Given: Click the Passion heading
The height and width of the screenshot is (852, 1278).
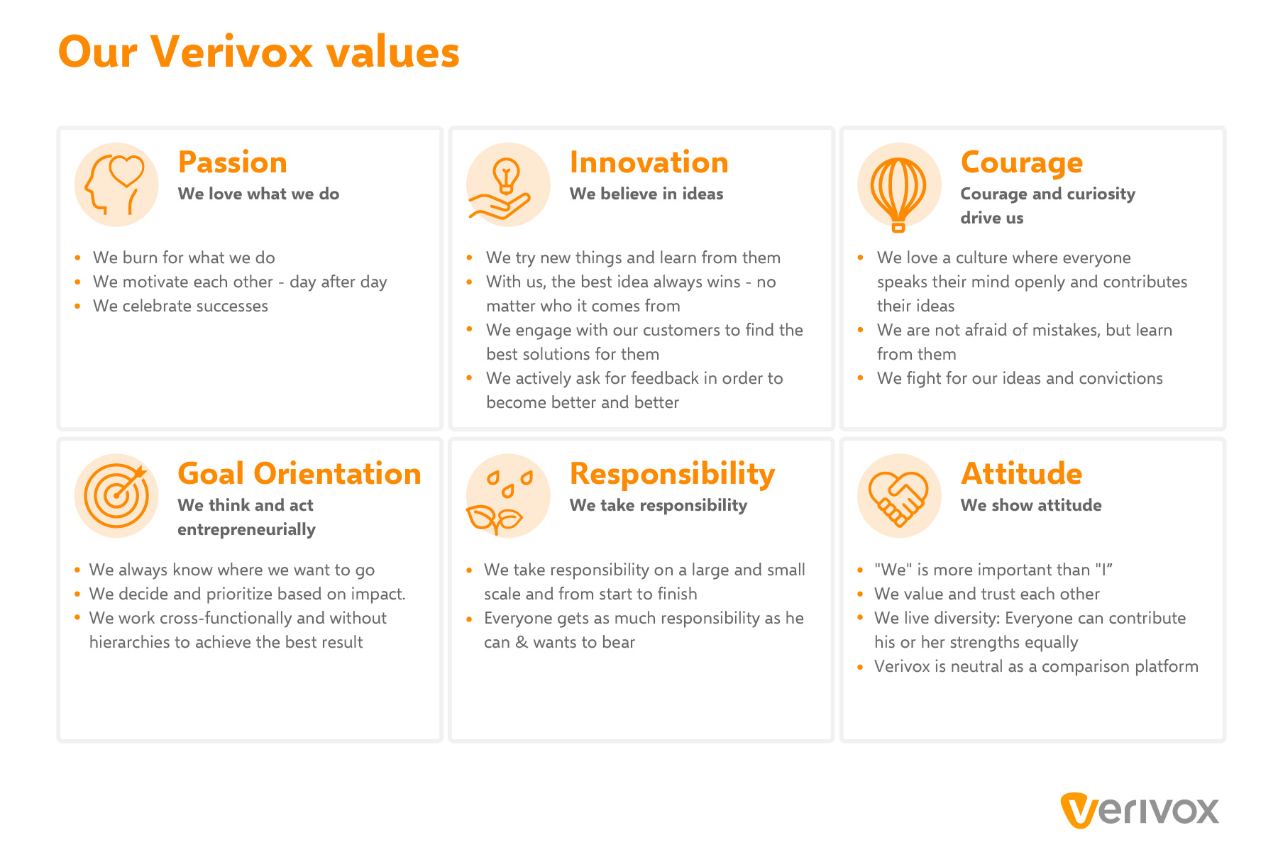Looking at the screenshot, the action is pos(233,163).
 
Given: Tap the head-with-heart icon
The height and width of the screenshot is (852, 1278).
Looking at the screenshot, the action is pos(116,184).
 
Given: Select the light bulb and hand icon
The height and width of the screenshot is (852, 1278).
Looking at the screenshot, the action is pos(508,184).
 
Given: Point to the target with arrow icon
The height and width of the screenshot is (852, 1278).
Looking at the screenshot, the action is pos(116,496).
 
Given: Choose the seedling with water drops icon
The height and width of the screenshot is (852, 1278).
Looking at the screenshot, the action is pos(508,496).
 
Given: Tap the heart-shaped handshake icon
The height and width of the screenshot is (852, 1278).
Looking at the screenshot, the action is pos(899,496).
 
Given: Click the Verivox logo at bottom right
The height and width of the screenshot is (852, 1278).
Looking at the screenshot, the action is pos(1140,810).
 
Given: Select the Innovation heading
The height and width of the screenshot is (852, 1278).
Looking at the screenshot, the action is pos(649,163).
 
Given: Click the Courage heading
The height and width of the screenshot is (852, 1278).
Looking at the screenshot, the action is pos(1022,163).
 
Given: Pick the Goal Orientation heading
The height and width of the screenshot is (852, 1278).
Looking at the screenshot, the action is pos(299,474).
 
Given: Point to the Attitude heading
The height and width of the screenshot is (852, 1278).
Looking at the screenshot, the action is pos(1022,474).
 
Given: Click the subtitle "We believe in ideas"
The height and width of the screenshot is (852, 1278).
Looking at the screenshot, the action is pos(646,194).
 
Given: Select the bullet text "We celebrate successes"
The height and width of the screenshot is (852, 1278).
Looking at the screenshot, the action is pos(180,306).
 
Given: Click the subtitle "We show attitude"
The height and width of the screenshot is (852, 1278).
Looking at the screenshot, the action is pos(1031,505).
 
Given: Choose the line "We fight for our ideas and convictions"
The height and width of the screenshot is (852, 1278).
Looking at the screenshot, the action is pos(1020,378).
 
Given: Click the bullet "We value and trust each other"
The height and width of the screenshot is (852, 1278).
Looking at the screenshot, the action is pos(987,594).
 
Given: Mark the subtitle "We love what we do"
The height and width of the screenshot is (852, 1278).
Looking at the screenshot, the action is pos(258,194).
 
